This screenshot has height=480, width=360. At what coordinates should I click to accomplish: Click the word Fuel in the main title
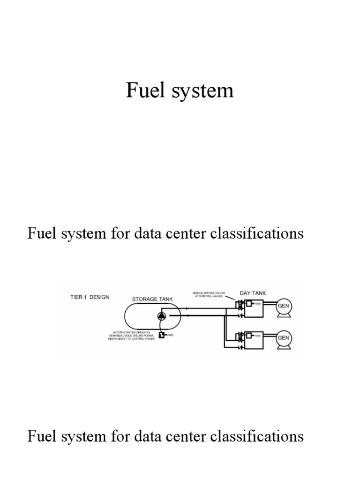pos(142,90)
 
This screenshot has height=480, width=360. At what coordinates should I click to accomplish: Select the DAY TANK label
pos(253,293)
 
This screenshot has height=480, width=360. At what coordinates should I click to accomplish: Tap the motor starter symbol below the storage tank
pos(161,335)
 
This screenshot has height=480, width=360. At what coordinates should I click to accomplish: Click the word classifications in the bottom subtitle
pos(257,436)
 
